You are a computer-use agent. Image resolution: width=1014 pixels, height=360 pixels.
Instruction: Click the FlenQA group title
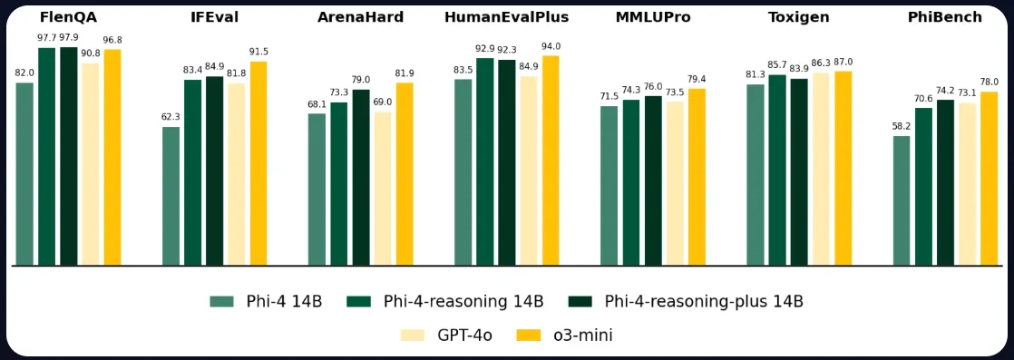tap(68, 17)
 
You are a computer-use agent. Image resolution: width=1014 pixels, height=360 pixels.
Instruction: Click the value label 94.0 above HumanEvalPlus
tap(551, 46)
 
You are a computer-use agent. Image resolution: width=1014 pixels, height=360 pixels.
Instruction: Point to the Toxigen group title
tap(799, 17)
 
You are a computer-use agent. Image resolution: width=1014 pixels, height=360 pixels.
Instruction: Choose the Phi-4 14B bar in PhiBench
tap(902, 200)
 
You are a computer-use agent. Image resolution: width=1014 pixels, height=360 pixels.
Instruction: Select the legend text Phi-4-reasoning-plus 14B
tap(704, 302)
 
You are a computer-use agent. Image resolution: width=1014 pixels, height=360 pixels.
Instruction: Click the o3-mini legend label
tap(582, 336)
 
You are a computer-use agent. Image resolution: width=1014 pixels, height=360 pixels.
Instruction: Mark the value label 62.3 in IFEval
tap(171, 117)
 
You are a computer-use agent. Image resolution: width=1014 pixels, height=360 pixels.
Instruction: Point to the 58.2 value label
tap(902, 126)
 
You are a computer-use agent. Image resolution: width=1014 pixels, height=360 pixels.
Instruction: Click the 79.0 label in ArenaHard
tap(361, 80)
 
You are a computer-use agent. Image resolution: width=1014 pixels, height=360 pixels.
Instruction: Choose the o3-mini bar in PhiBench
tap(989, 179)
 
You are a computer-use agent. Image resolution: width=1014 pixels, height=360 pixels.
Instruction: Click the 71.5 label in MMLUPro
tap(609, 96)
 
